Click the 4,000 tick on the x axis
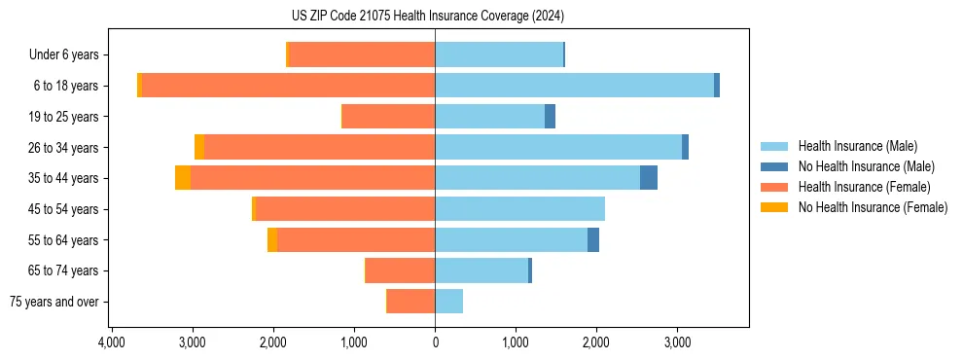pyautogui.click(x=112, y=342)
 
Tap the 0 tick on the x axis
pyautogui.click(x=435, y=342)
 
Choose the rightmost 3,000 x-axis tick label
pyautogui.click(x=677, y=342)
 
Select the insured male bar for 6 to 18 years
pyautogui.click(x=574, y=86)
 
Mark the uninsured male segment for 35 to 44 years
pyautogui.click(x=649, y=178)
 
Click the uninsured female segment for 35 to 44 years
pyautogui.click(x=183, y=178)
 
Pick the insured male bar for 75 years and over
pyautogui.click(x=448, y=302)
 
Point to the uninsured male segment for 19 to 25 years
pyautogui.click(x=550, y=117)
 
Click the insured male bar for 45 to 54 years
pyautogui.click(x=519, y=209)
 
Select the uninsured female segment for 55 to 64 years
pyautogui.click(x=272, y=240)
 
